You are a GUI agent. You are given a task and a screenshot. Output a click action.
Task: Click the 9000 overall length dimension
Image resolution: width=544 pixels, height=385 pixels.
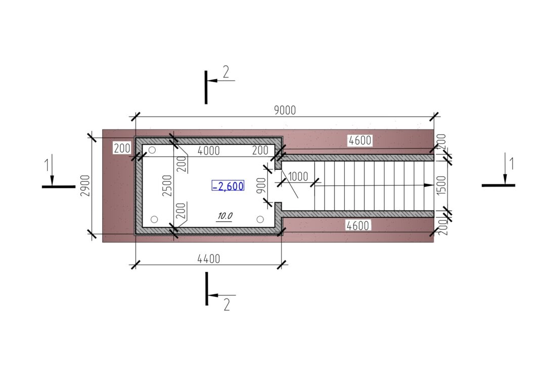point(285,110)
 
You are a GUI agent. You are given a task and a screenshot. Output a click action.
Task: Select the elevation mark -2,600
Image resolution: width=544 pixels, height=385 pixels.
point(228,186)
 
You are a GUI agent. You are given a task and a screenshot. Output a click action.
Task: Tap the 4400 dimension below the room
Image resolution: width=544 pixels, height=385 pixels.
point(208,259)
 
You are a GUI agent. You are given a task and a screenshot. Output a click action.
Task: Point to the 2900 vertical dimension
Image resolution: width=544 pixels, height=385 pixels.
point(85,185)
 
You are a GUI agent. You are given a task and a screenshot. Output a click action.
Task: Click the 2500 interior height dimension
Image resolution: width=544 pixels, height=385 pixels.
point(167,185)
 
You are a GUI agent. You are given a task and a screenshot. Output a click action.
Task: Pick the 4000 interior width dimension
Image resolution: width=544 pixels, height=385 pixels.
point(208,150)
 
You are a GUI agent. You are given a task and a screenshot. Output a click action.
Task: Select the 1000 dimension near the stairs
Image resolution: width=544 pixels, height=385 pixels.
point(298,176)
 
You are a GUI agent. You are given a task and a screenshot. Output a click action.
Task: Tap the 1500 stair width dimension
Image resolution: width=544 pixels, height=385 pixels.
point(441,185)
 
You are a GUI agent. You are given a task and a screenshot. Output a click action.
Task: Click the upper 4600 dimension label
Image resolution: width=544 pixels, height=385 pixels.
point(360,140)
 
